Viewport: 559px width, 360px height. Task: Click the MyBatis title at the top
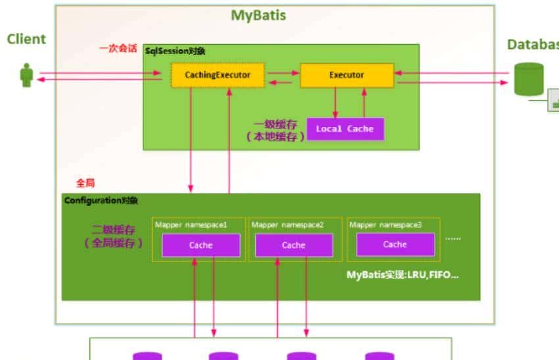(258, 15)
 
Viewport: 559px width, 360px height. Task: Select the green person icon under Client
(27, 75)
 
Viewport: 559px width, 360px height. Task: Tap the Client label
(26, 39)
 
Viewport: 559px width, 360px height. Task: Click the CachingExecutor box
(217, 75)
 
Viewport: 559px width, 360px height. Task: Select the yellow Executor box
(347, 75)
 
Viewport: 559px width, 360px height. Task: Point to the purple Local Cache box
(345, 129)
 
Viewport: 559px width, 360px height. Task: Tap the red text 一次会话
(118, 49)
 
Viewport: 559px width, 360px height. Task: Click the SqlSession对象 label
(176, 51)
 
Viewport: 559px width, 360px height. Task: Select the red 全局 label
(85, 183)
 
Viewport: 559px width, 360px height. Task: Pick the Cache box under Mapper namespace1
(201, 245)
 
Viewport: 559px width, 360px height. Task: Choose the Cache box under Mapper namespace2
(294, 245)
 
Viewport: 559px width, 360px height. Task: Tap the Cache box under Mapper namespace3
(395, 244)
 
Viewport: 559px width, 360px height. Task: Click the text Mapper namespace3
(385, 225)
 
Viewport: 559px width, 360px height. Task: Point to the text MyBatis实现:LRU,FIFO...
(402, 274)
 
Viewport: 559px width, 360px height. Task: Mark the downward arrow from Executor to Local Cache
(335, 102)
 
